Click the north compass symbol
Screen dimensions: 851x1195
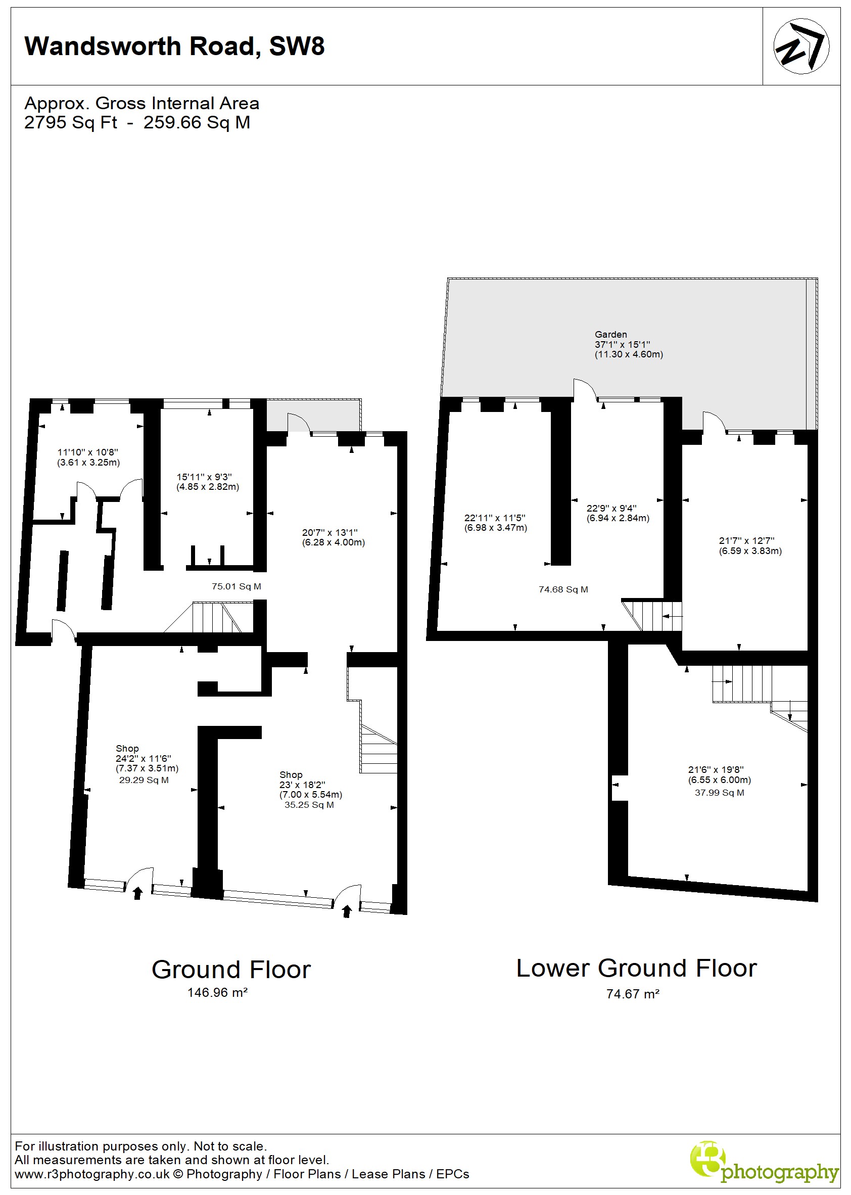[x=801, y=46]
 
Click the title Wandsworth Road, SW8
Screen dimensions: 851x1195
[x=174, y=47]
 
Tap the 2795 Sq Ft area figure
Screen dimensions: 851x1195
[x=71, y=122]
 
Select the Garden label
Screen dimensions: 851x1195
[x=610, y=335]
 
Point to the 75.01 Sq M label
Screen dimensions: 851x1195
[x=237, y=586]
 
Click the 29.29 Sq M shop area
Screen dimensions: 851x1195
[x=144, y=780]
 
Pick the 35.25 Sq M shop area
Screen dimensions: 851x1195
[x=309, y=805]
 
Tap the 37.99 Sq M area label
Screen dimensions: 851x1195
[x=720, y=793]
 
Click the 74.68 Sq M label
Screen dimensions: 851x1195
[x=563, y=589]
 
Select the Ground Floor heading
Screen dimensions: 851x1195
[x=231, y=970]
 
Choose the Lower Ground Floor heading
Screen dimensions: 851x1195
[x=637, y=968]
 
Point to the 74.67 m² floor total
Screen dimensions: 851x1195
[x=633, y=994]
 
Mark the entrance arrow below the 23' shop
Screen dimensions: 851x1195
[x=346, y=911]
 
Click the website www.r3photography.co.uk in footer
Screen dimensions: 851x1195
[x=92, y=1174]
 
